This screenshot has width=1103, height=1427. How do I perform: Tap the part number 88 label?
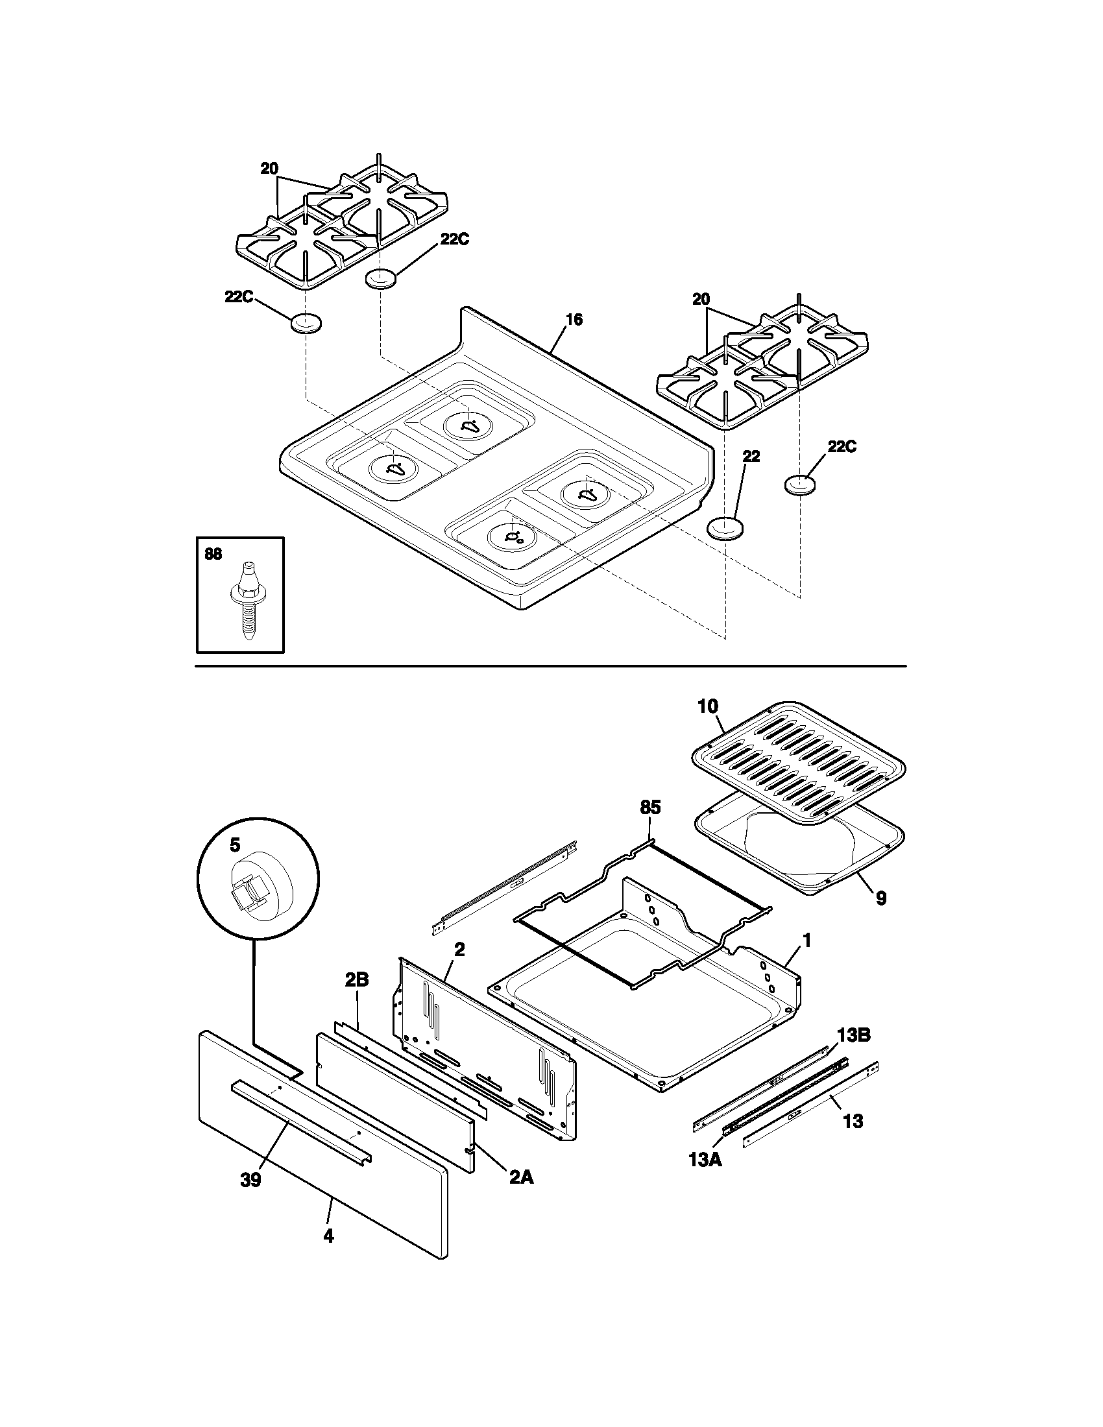click(x=213, y=555)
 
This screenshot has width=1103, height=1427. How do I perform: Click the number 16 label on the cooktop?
click(x=574, y=320)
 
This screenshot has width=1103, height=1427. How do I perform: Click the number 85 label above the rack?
click(x=650, y=808)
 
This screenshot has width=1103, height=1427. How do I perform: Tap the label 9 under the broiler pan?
click(x=881, y=898)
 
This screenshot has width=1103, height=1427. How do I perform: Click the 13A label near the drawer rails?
click(x=705, y=1161)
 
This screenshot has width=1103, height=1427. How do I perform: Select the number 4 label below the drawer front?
click(x=328, y=1236)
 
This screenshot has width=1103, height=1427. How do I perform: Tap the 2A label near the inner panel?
click(x=521, y=1177)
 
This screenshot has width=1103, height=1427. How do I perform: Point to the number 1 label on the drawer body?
click(x=806, y=941)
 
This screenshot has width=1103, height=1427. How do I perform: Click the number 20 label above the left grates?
click(x=269, y=169)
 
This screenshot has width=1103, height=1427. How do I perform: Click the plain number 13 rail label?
click(x=853, y=1121)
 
